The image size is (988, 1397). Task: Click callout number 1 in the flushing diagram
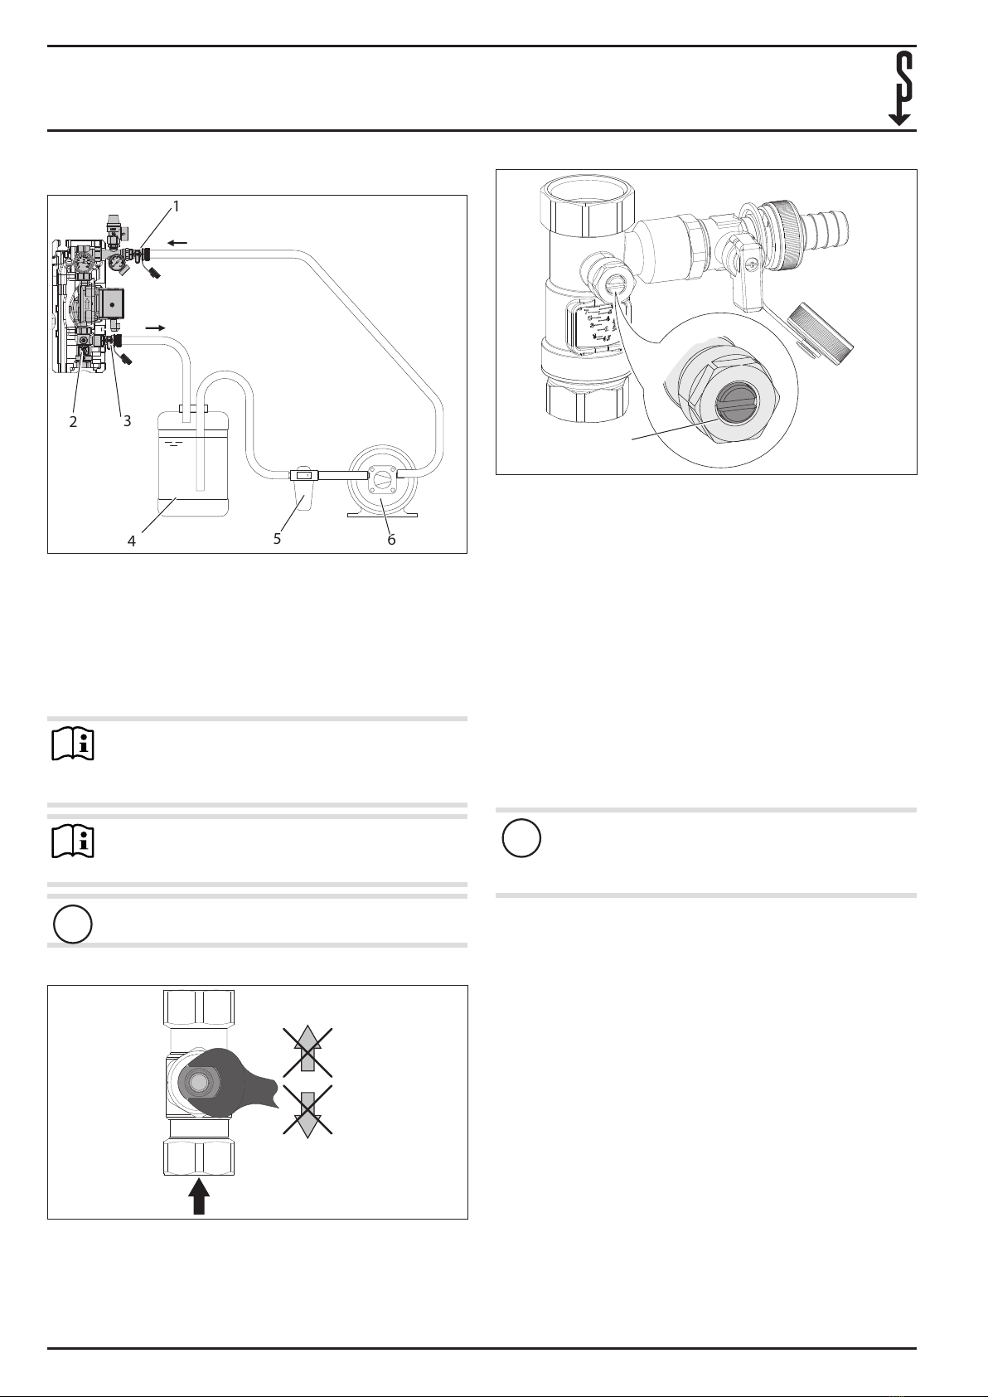click(176, 206)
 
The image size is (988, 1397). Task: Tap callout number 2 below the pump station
click(74, 422)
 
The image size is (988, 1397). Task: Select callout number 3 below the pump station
click(127, 421)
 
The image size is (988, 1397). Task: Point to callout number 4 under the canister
click(132, 541)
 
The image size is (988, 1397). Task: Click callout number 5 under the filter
click(278, 539)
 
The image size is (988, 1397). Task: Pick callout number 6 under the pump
click(391, 540)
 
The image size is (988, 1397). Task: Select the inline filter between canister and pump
click(303, 484)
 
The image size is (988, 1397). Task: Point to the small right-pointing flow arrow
click(155, 327)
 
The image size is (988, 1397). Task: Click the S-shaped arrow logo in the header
click(900, 89)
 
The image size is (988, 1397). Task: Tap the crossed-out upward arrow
click(308, 1052)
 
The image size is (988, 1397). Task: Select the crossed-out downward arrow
click(308, 1109)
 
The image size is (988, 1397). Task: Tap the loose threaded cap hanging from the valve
click(821, 328)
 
